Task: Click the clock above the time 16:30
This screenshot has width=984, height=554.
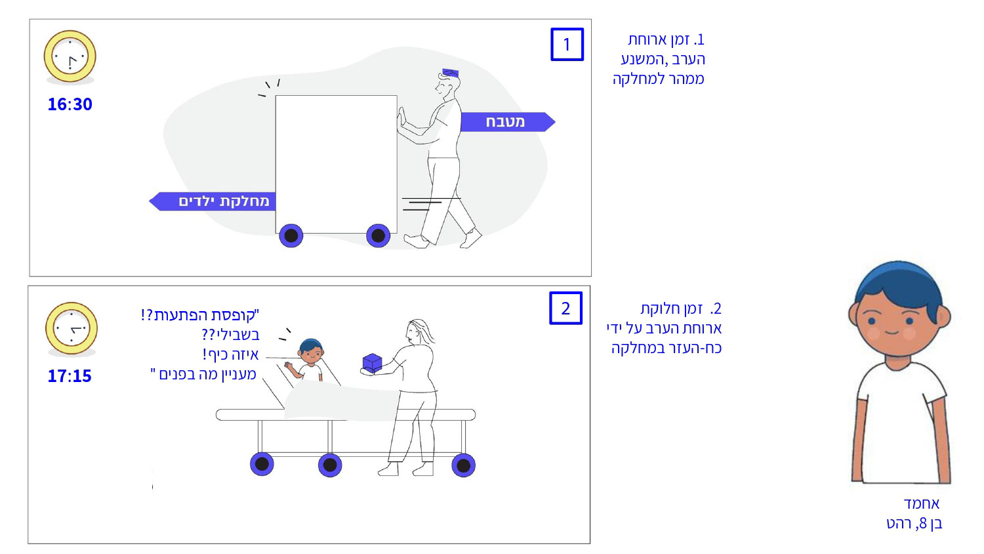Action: (x=70, y=56)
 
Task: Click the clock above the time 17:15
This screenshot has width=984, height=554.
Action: (x=71, y=328)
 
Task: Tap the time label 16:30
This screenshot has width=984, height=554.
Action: (x=70, y=104)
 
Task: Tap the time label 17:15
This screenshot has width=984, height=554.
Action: (x=70, y=376)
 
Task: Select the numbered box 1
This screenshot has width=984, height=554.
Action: (x=567, y=45)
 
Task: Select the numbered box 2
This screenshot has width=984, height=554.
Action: (x=565, y=309)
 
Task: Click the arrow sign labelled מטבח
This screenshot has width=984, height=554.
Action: (x=506, y=122)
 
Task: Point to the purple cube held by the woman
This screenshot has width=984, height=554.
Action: (x=372, y=363)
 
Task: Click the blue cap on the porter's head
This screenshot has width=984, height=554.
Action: (x=450, y=72)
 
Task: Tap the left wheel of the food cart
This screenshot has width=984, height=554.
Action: (x=291, y=236)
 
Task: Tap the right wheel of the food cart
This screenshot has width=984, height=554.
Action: (x=378, y=236)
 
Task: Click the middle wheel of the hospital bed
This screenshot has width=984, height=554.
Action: (x=330, y=465)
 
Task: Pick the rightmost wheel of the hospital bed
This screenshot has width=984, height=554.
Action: (x=463, y=465)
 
